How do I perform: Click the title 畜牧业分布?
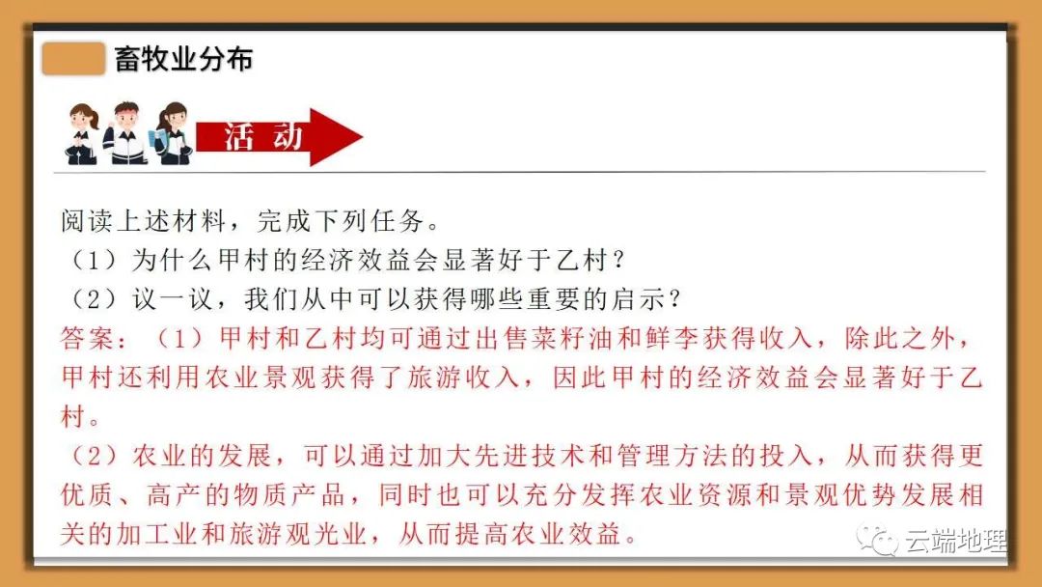(x=183, y=59)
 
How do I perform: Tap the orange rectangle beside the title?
(x=73, y=59)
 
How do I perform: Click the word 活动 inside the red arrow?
(x=263, y=137)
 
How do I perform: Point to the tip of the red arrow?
(x=362, y=138)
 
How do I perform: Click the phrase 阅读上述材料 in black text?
(x=144, y=221)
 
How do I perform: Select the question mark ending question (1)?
(x=619, y=260)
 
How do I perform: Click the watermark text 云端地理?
(x=956, y=541)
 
